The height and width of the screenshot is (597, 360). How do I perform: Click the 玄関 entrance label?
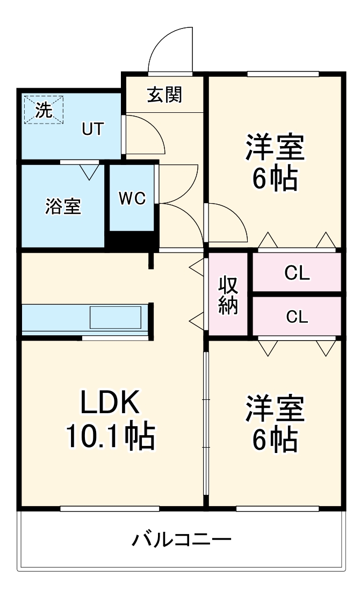tap(165, 95)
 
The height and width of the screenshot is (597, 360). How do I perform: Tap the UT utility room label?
tap(92, 129)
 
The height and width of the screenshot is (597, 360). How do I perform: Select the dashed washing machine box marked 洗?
tap(44, 110)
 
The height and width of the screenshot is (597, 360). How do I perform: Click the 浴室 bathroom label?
tap(63, 206)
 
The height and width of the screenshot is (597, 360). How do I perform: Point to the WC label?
tap(132, 199)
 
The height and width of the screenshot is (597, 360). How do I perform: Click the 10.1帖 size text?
tap(111, 436)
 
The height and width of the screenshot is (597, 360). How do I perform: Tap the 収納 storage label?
tap(228, 295)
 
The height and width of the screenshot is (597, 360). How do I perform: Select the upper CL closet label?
tap(297, 273)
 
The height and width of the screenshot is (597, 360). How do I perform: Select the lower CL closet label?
tap(297, 317)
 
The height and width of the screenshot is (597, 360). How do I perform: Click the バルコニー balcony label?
tap(182, 539)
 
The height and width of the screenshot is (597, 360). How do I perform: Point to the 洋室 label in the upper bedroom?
tap(275, 147)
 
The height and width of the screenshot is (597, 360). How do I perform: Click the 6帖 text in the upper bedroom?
tap(275, 179)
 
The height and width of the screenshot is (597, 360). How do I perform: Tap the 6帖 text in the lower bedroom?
tap(275, 441)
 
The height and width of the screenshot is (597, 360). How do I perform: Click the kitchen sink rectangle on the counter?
tap(115, 317)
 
